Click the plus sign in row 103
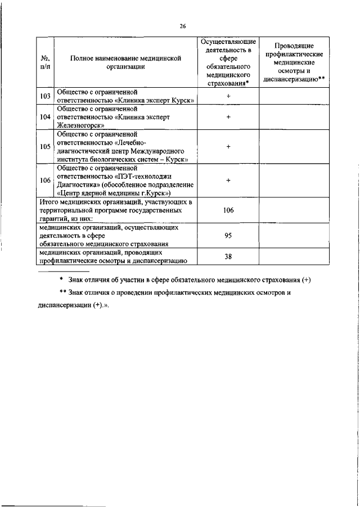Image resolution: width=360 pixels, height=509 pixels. click(x=228, y=96)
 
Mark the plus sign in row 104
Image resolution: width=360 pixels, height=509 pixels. click(x=228, y=117)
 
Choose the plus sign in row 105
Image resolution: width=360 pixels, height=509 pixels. click(x=228, y=146)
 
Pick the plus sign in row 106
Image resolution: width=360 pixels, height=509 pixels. click(x=228, y=180)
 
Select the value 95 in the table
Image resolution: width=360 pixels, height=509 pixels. click(x=228, y=236)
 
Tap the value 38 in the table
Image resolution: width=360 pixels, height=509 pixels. click(x=228, y=256)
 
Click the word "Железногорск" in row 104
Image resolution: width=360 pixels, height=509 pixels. click(x=78, y=125)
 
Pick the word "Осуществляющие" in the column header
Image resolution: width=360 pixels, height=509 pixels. click(x=228, y=42)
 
